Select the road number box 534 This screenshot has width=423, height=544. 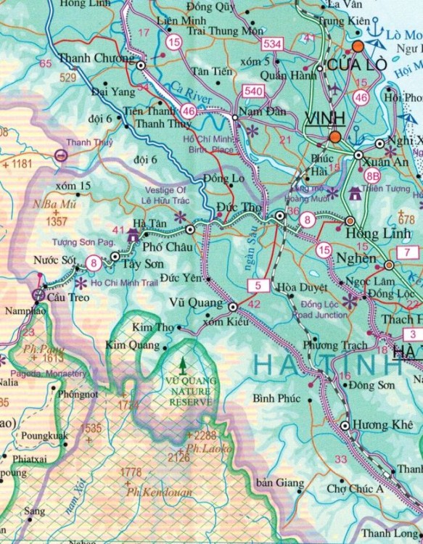273,45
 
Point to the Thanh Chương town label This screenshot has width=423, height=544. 96,58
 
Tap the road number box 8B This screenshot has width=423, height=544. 373,175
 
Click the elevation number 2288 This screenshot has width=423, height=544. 202,435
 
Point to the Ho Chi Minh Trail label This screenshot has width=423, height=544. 124,282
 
